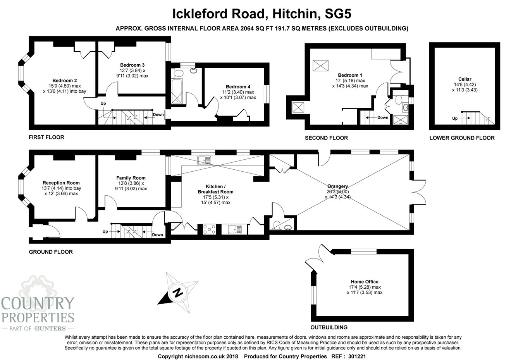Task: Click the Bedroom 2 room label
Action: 65,81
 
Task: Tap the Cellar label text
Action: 465,79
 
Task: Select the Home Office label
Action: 365,282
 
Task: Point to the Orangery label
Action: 337,186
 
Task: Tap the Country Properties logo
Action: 38,306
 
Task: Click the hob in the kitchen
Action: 210,229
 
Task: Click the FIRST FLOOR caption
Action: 46,137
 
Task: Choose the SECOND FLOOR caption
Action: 326,138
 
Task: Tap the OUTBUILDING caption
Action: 329,327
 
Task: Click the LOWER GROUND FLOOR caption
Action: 462,138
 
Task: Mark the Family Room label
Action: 131,178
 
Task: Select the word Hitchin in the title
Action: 296,14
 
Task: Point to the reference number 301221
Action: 356,356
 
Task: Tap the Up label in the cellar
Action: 455,119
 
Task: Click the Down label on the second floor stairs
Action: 383,117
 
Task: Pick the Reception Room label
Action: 61,183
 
